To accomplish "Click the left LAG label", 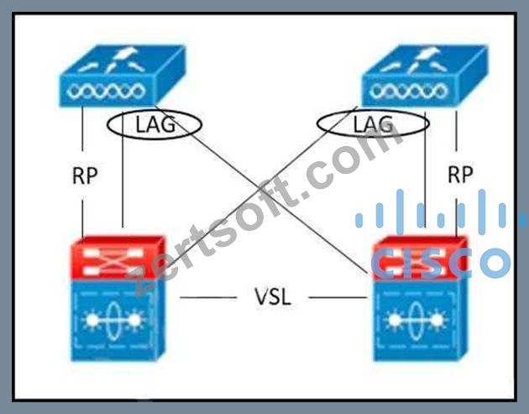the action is [x=155, y=124].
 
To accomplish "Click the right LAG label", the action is [x=373, y=124].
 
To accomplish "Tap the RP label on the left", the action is [x=85, y=176].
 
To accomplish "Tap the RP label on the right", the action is [x=460, y=175].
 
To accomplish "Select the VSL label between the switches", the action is [x=273, y=297].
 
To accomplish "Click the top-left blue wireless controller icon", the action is [x=123, y=76].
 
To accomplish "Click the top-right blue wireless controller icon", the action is [x=425, y=76].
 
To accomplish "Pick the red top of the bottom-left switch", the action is [x=118, y=258].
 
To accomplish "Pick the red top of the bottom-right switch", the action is [x=420, y=258].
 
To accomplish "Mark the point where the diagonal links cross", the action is [x=265, y=190].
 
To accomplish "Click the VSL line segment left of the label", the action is [x=208, y=297].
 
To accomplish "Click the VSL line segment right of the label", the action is [x=338, y=297].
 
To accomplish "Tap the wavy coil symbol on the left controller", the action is [x=106, y=91].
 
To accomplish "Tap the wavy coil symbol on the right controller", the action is [x=409, y=91].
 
